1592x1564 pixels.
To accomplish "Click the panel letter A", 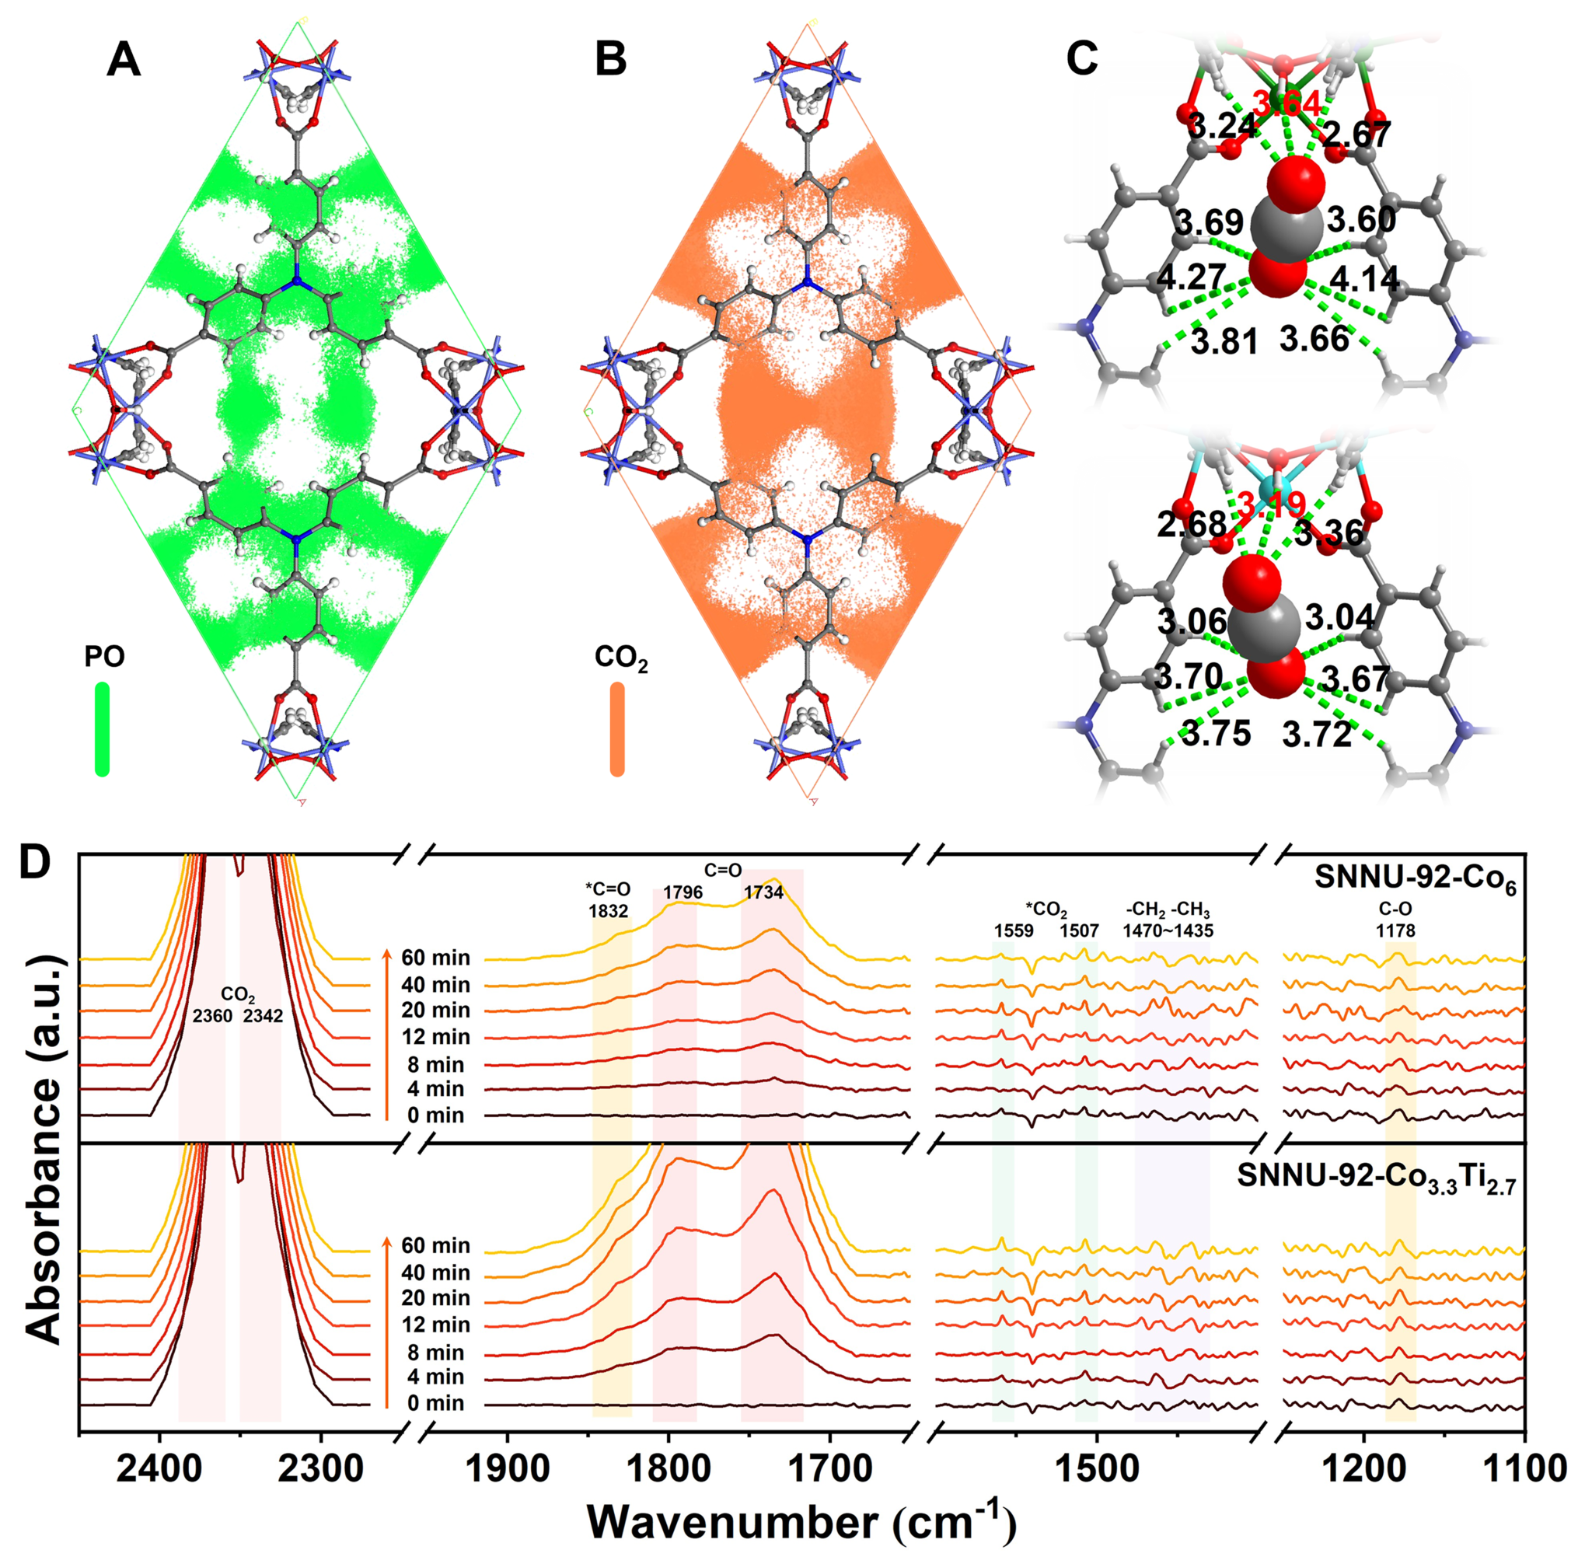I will [124, 60].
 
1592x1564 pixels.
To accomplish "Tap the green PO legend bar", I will [102, 728].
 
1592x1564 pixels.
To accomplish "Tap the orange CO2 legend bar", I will [617, 728].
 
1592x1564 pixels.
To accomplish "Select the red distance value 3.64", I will [1287, 104].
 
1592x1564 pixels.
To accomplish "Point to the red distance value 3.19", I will [1271, 504].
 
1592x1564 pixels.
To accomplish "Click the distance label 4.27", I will [1191, 277].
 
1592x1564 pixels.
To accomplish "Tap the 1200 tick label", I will [1364, 1468].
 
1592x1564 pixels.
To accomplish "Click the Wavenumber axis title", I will [801, 1522].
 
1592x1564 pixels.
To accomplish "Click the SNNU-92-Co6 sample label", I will [1415, 879].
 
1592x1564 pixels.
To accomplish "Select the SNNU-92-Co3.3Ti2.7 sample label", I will [1376, 1176].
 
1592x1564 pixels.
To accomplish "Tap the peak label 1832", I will [608, 911].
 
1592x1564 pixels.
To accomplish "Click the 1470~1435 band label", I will [1168, 930].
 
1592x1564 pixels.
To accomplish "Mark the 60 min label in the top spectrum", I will [435, 958].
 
